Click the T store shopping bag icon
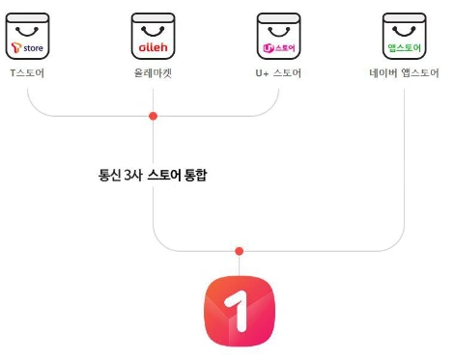coord(28,38)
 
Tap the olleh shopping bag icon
coord(153,38)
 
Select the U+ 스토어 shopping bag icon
coord(278,38)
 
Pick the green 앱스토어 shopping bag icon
coord(403,38)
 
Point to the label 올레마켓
coord(153,73)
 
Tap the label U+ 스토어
coord(278,73)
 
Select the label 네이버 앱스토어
coord(403,73)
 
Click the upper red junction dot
coord(153,116)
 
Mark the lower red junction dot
coord(239,251)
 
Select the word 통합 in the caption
coord(196,176)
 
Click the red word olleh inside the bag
coord(153,46)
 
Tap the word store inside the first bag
coord(34,46)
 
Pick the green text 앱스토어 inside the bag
coord(403,46)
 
